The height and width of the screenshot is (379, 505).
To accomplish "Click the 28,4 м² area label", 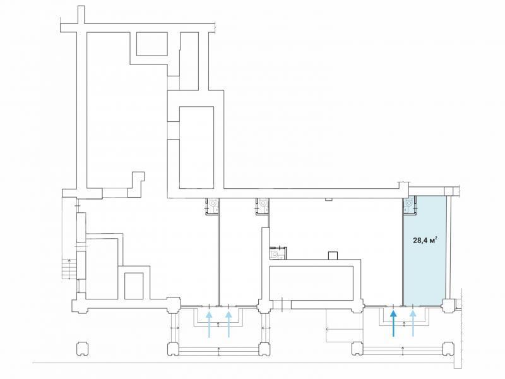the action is coord(425,240).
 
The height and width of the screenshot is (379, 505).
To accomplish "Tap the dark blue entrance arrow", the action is coord(393,323).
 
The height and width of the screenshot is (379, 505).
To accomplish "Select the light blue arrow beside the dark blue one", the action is coord(413,323).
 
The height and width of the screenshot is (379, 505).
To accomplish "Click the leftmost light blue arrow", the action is coord(209,324).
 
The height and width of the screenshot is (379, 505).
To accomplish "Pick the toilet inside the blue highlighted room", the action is coord(409,203).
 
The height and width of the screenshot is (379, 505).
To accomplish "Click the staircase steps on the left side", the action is coord(68,268).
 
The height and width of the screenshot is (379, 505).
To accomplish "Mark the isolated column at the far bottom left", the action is coord(82,349).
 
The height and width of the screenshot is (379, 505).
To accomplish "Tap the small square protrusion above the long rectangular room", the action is coord(333,255).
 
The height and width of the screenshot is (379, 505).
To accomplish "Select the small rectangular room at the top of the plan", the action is coord(152,44).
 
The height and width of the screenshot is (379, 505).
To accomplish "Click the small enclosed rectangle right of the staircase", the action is coord(134,286).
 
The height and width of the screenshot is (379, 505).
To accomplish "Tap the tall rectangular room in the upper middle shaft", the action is coord(196,147).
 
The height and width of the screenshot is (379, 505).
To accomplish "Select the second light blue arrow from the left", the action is coord(229,324).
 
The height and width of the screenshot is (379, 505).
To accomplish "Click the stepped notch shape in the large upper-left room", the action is coord(136,184).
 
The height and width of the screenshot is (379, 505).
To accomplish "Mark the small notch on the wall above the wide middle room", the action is coord(328,200).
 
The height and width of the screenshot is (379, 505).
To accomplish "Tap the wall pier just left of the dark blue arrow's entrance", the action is coord(357,305).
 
